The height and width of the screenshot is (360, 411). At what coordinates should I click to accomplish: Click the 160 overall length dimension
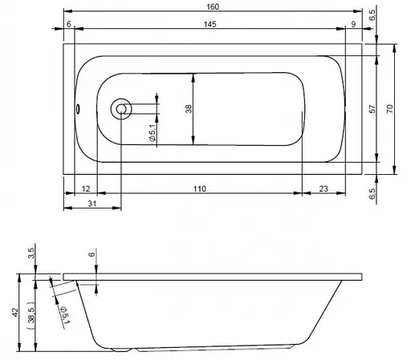[212, 7]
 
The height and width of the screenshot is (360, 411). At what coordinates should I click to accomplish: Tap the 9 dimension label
[354, 26]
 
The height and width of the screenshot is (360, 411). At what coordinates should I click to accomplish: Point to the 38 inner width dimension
[189, 109]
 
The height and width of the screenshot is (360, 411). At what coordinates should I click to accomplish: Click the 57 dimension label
[372, 109]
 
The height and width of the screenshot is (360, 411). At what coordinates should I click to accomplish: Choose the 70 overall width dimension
[390, 109]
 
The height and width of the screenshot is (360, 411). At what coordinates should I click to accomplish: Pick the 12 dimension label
[86, 188]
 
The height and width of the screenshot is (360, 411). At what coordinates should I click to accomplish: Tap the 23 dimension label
[323, 188]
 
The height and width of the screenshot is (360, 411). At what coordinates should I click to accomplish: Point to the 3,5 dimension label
[31, 255]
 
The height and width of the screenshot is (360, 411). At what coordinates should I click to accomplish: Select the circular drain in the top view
[122, 107]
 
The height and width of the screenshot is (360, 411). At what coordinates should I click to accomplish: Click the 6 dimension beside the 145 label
[70, 26]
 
